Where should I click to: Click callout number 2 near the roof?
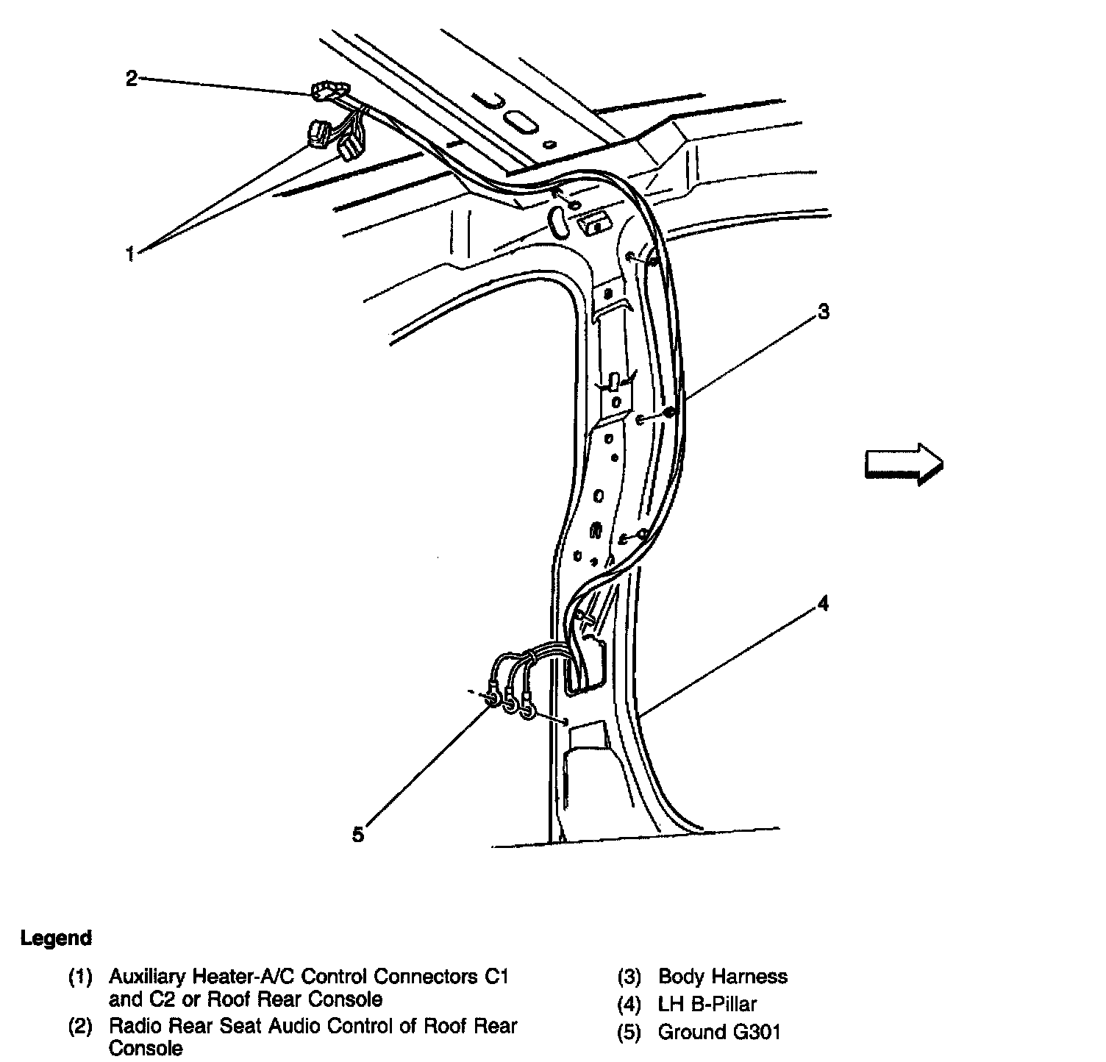coord(132,78)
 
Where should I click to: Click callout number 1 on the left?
coord(130,255)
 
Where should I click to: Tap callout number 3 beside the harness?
coord(824,312)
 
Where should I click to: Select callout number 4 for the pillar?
coord(824,605)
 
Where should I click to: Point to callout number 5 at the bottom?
coord(358,835)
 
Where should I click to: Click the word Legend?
coord(57,938)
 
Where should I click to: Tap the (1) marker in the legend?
coord(80,977)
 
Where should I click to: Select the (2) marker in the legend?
coord(80,1026)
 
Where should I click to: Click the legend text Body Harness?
coord(723,977)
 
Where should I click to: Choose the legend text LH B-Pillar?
coord(707,1004)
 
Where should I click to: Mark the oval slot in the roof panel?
coord(518,121)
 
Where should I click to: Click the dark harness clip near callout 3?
coord(668,413)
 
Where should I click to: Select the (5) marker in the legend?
coord(630,1032)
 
